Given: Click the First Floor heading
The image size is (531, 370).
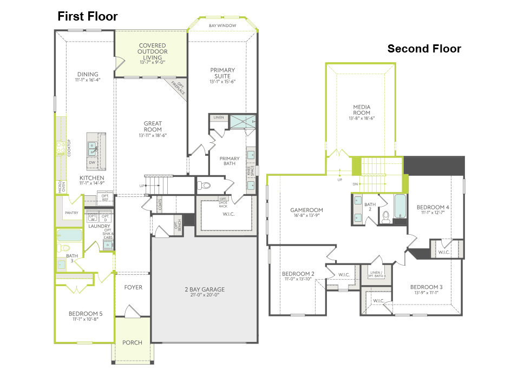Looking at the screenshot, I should tap(88, 17).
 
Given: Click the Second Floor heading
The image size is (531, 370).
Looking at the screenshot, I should tap(424, 49).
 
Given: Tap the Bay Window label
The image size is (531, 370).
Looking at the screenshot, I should tap(222, 25).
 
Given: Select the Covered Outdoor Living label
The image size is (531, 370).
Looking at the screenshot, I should tap(152, 51).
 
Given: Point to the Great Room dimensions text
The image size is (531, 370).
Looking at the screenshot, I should tap(153, 135).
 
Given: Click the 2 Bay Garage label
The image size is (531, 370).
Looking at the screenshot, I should tap(204, 289).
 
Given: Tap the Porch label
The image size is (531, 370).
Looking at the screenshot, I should tap(132, 342).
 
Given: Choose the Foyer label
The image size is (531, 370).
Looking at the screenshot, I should tap(133, 287).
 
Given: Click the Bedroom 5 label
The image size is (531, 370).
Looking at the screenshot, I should tap(85, 314).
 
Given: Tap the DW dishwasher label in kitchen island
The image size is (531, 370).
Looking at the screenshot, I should tap(93, 162).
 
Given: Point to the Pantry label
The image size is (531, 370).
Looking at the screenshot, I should tap(71, 213).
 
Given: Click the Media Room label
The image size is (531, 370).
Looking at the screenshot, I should tap(362, 107).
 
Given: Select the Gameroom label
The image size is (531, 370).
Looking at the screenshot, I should tap(306, 210).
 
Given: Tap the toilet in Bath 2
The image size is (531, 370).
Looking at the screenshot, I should tap(386, 216).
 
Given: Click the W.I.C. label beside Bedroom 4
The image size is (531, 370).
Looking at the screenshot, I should tap(444, 252).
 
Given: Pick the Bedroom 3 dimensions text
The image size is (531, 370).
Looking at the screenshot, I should tap(426, 293).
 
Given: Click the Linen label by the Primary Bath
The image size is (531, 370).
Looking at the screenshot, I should tap(219, 117).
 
